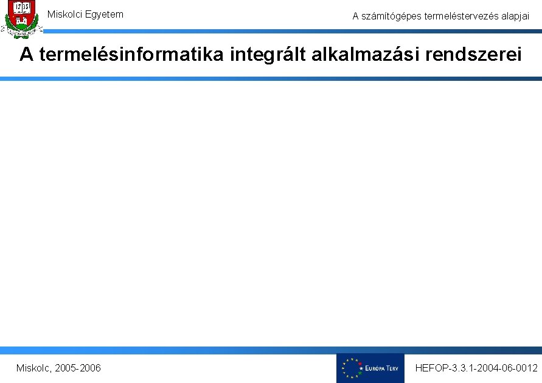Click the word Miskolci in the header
click(x=65, y=14)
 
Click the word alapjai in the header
click(x=515, y=16)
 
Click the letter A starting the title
click(x=26, y=55)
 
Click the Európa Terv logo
click(x=370, y=368)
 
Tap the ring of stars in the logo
click(x=351, y=368)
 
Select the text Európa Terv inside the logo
click(x=381, y=368)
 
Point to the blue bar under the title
click(x=271, y=78)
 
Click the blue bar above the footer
click(x=271, y=350)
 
